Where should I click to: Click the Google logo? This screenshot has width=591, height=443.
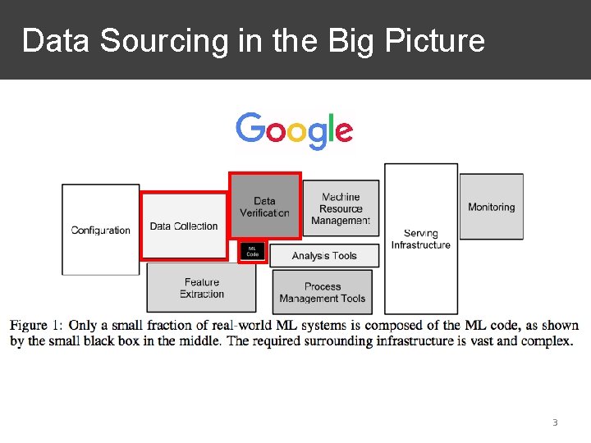pyautogui.click(x=294, y=130)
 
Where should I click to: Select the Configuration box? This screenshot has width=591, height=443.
pyautogui.click(x=100, y=230)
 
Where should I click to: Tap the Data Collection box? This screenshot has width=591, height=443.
pyautogui.click(x=184, y=226)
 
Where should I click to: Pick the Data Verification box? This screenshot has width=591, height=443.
pyautogui.click(x=264, y=207)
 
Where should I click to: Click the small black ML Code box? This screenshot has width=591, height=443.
pyautogui.click(x=252, y=252)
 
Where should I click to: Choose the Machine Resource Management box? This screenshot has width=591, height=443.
pyautogui.click(x=341, y=208)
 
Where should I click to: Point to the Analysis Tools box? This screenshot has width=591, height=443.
pyautogui.click(x=324, y=256)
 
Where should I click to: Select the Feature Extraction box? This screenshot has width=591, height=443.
pyautogui.click(x=202, y=288)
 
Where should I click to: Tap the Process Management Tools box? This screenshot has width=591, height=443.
pyautogui.click(x=323, y=292)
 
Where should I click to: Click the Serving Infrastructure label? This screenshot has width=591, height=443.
pyautogui.click(x=420, y=239)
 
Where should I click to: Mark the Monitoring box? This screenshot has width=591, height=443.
pyautogui.click(x=491, y=208)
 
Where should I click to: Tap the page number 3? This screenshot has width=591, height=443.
pyautogui.click(x=555, y=422)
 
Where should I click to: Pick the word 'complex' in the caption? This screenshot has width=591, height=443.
pyautogui.click(x=547, y=340)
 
